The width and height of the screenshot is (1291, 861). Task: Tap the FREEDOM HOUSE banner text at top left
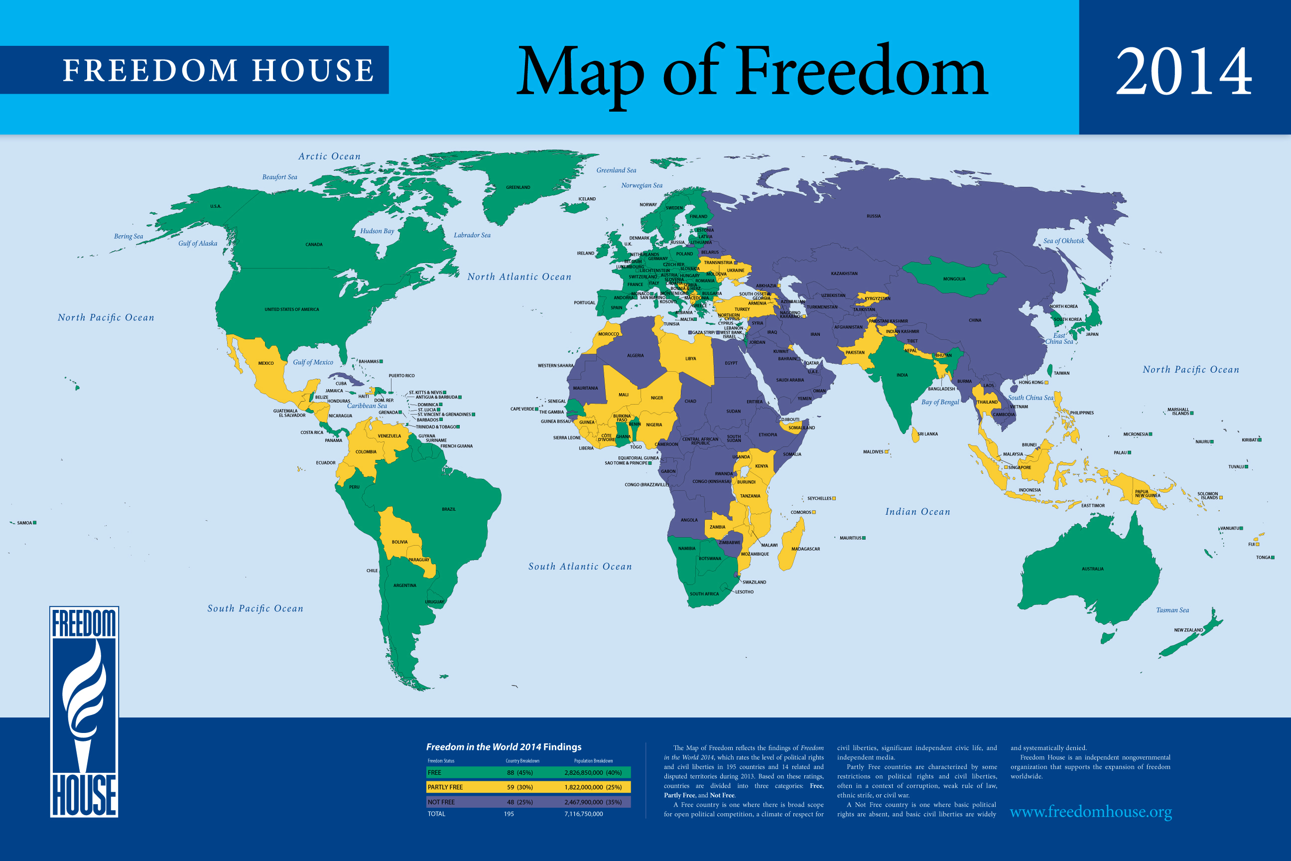tap(218, 70)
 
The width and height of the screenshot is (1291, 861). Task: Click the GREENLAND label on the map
tap(517, 187)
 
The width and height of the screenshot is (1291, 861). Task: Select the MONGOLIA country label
tap(954, 279)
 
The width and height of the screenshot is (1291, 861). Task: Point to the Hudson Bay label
tap(377, 231)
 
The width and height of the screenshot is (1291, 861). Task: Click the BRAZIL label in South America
tap(448, 509)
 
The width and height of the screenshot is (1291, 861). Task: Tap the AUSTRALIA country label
tap(1092, 569)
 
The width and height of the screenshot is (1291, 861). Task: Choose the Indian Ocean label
tap(917, 512)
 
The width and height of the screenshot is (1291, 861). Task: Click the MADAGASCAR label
tap(805, 549)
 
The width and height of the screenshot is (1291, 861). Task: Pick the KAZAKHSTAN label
tap(844, 274)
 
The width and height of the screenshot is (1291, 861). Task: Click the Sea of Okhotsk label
tap(1064, 241)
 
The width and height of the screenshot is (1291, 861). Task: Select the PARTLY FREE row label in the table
tap(445, 787)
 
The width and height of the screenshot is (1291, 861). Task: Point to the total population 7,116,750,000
tap(583, 814)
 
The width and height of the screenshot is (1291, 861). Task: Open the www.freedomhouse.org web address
tap(1090, 812)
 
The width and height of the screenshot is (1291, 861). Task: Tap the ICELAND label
tap(587, 199)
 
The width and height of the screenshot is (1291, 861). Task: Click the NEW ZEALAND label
tap(1188, 630)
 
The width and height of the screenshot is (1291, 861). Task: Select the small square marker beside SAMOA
tap(34, 523)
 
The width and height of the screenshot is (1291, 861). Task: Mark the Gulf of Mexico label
tap(313, 362)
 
